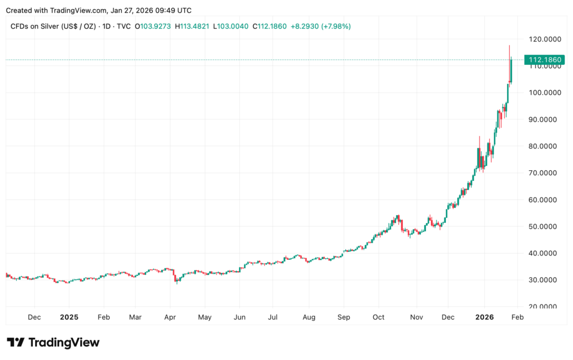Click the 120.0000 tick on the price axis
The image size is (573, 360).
544,39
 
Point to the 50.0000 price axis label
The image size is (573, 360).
544,226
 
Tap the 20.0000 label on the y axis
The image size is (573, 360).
544,307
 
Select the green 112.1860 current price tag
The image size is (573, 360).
544,59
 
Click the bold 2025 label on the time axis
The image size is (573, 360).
69,317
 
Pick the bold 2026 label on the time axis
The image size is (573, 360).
485,317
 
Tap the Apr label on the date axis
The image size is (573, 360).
170,317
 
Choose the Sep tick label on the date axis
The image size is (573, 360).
344,317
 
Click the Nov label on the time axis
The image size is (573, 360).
416,317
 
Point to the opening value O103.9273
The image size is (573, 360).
154,26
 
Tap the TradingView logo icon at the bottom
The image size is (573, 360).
16,342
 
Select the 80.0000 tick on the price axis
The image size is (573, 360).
544,146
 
